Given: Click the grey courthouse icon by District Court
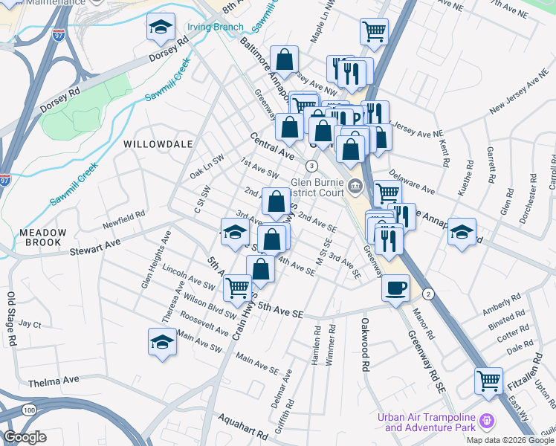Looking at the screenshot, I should point(355,186).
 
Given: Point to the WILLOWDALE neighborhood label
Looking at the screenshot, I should point(158,143).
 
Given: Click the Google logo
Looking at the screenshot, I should point(25,437).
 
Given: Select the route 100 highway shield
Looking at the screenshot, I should point(29,410).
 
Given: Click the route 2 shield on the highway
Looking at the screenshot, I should point(429,294).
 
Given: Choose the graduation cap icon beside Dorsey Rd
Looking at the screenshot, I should point(161,28).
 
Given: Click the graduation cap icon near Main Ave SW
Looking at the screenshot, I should point(163,342).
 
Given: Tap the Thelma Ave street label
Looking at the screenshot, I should point(54,381).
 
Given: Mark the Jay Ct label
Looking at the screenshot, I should point(30,324).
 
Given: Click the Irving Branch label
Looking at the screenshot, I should point(215,28).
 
